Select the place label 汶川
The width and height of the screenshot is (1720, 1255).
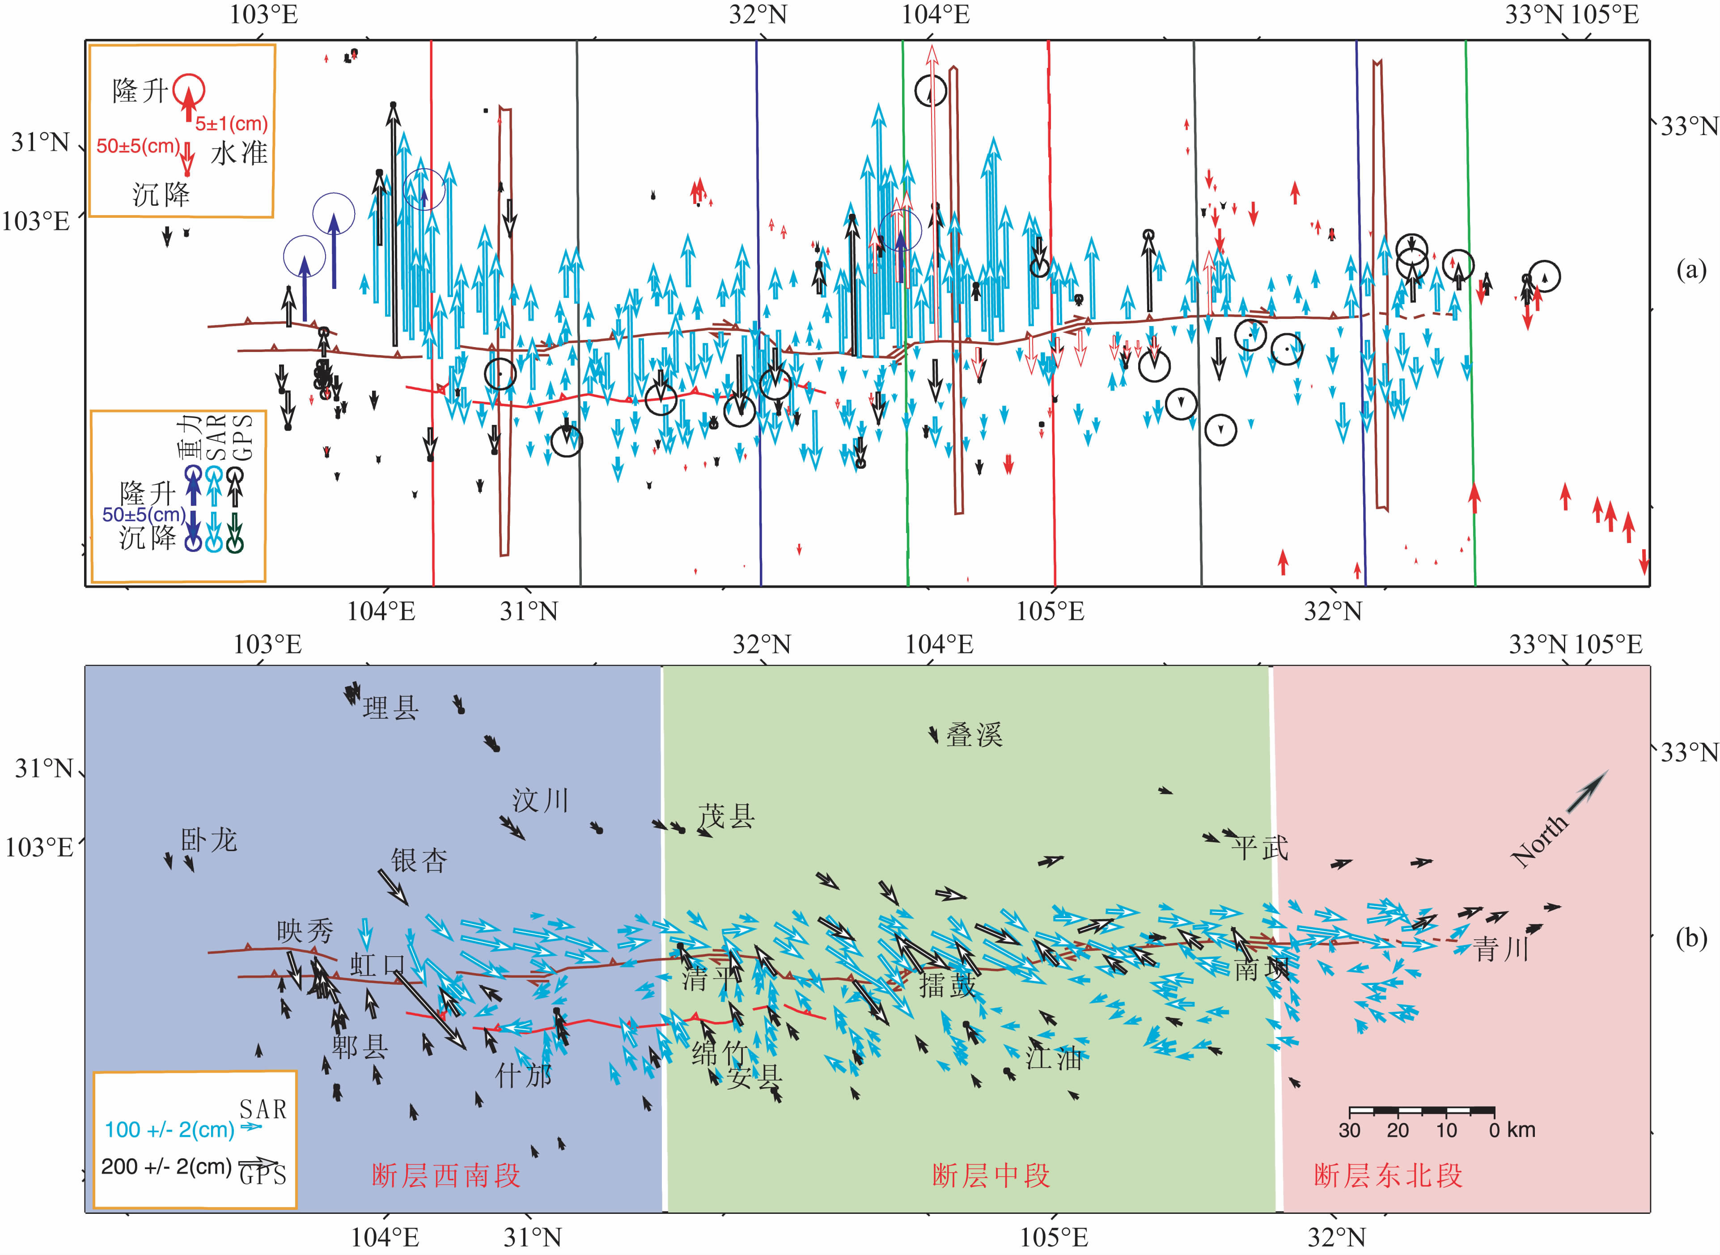point(540,801)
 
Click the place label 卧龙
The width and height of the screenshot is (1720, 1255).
point(209,840)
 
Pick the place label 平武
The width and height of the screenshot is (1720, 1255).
point(1260,848)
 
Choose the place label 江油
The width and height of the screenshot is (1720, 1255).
point(1054,1057)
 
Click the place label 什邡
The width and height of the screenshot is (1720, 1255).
point(523,1075)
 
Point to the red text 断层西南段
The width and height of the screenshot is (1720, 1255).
point(446,1176)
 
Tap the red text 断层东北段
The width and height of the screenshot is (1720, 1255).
point(1388,1176)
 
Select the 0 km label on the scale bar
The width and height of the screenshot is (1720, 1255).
point(1512,1130)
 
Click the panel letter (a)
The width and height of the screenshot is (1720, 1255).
point(1691,270)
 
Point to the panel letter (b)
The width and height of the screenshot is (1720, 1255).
point(1691,938)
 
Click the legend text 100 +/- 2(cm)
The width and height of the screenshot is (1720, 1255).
point(169,1130)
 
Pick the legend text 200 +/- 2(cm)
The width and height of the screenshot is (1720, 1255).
point(166,1166)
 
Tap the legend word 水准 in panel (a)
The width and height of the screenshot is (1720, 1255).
point(239,153)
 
